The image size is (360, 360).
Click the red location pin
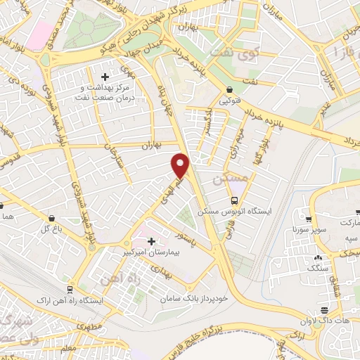pyautogui.click(x=181, y=165)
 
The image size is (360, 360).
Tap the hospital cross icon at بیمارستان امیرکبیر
pyautogui.click(x=151, y=241)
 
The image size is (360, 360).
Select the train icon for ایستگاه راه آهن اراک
pyautogui.click(x=70, y=290)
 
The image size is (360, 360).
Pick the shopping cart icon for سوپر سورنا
pyautogui.click(x=308, y=219)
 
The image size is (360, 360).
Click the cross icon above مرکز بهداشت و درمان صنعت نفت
pyautogui.click(x=105, y=77)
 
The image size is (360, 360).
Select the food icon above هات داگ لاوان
pyautogui.click(x=324, y=311)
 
